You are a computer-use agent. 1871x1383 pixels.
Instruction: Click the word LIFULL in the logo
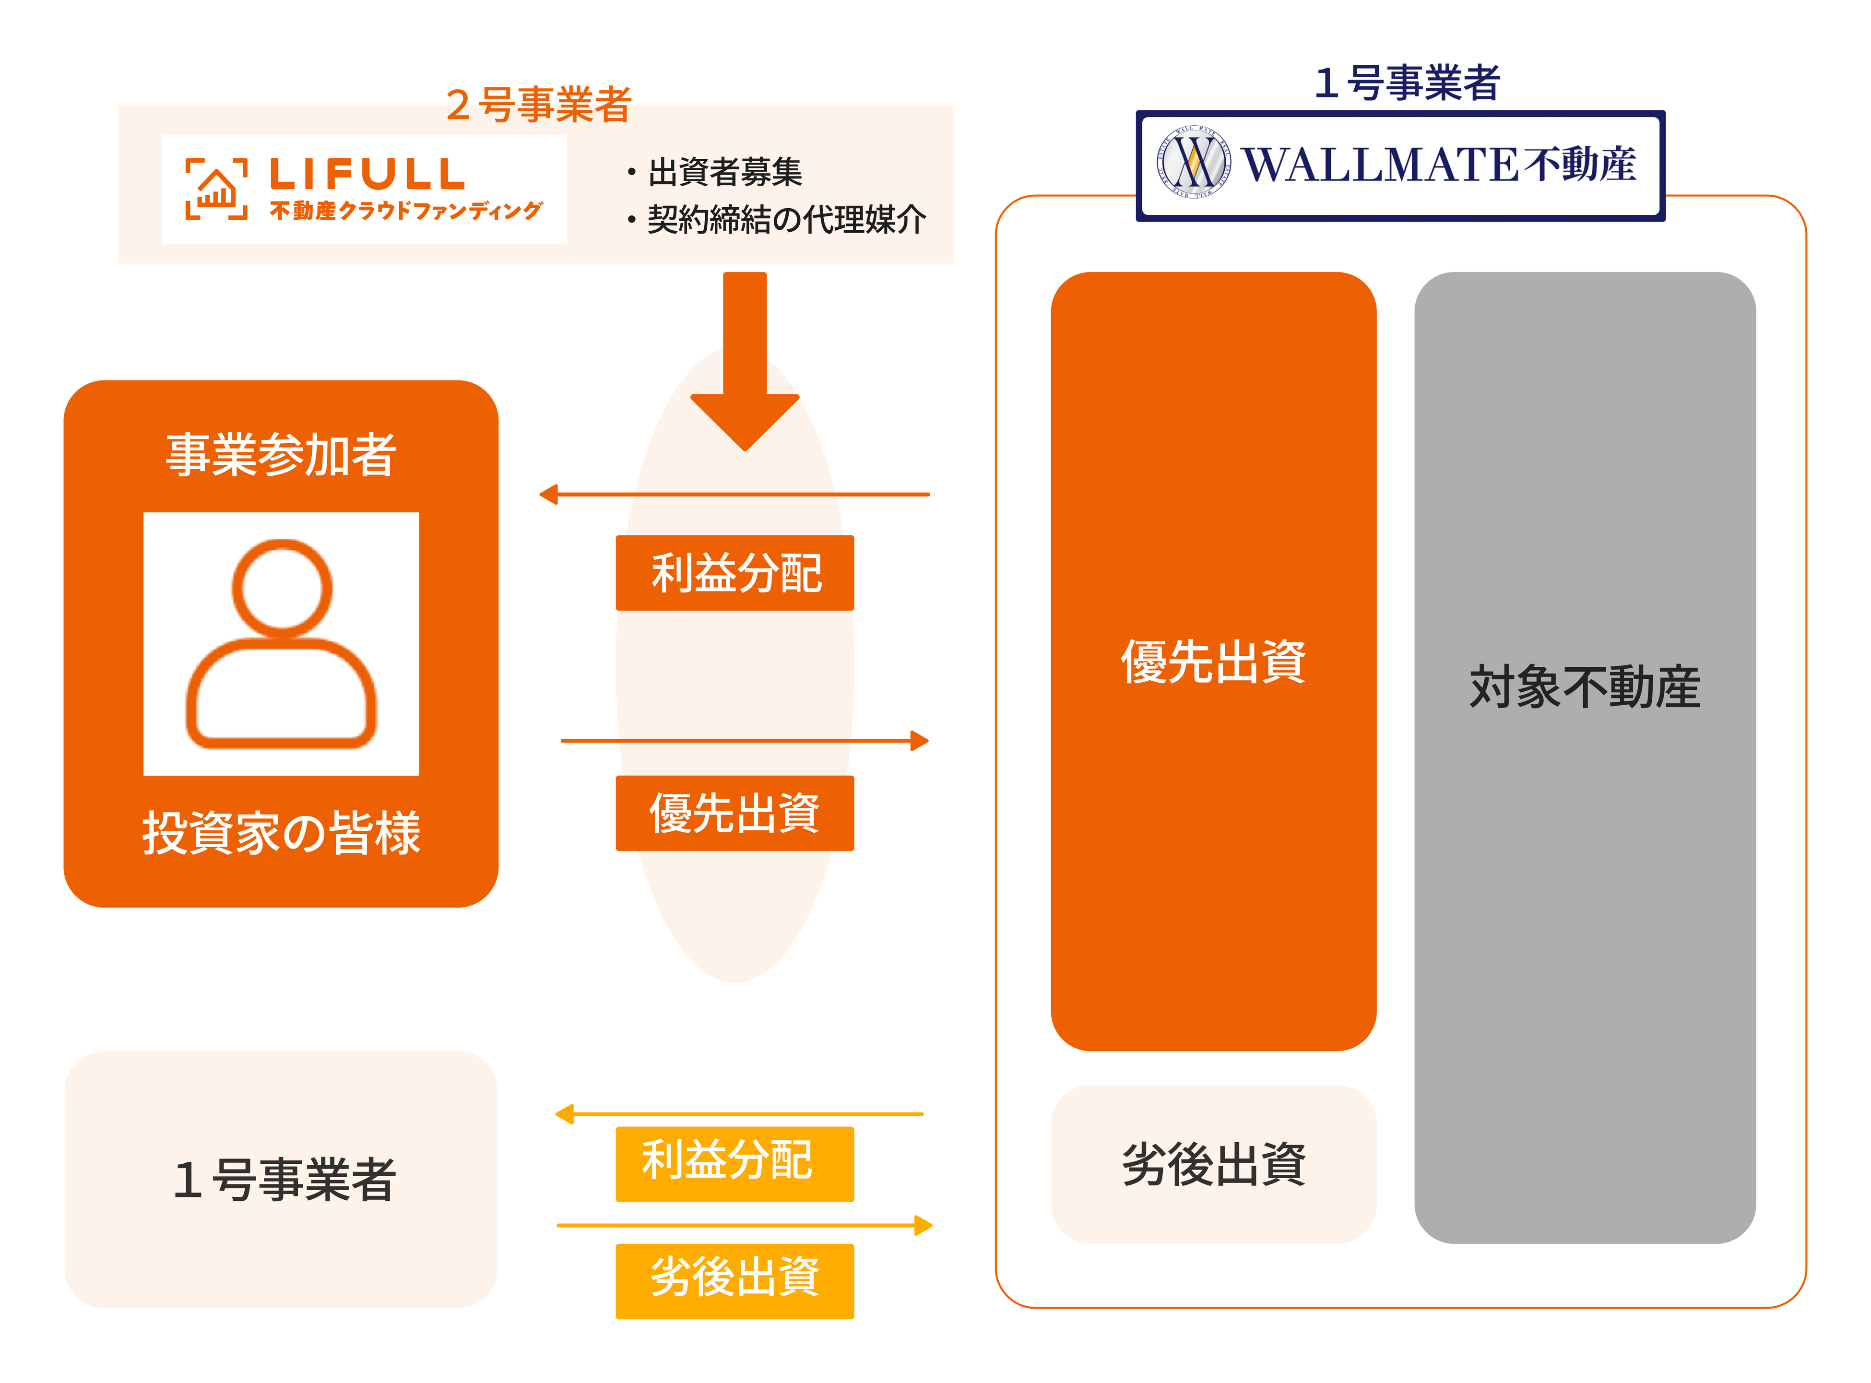(x=367, y=174)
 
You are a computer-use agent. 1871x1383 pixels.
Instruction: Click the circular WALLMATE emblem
(x=1193, y=163)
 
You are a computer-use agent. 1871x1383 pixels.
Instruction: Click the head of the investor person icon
(x=282, y=588)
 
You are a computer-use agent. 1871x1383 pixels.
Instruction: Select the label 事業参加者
(x=281, y=455)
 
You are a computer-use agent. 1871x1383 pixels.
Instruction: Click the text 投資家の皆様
(x=281, y=833)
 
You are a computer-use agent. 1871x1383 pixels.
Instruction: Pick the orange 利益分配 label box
(x=735, y=573)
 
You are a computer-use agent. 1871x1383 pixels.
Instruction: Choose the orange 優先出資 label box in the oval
(x=735, y=813)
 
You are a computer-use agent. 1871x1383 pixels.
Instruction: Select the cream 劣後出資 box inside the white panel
(x=1213, y=1164)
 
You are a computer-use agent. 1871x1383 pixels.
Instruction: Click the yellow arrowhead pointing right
(x=924, y=1226)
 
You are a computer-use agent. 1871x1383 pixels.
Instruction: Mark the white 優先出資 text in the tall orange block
(x=1213, y=662)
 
